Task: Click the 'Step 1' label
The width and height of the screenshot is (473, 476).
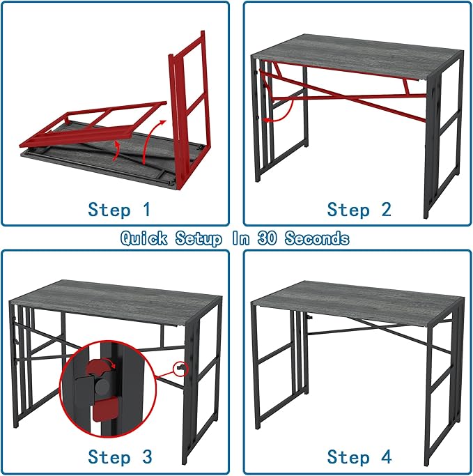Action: click(119, 209)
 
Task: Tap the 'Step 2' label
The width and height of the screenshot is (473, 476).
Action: click(359, 209)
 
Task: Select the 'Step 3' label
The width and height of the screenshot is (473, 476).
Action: click(119, 456)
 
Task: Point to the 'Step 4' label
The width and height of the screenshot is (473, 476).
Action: click(359, 456)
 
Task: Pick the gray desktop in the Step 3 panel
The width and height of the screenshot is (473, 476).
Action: click(115, 296)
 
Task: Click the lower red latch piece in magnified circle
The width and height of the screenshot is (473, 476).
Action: click(105, 408)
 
